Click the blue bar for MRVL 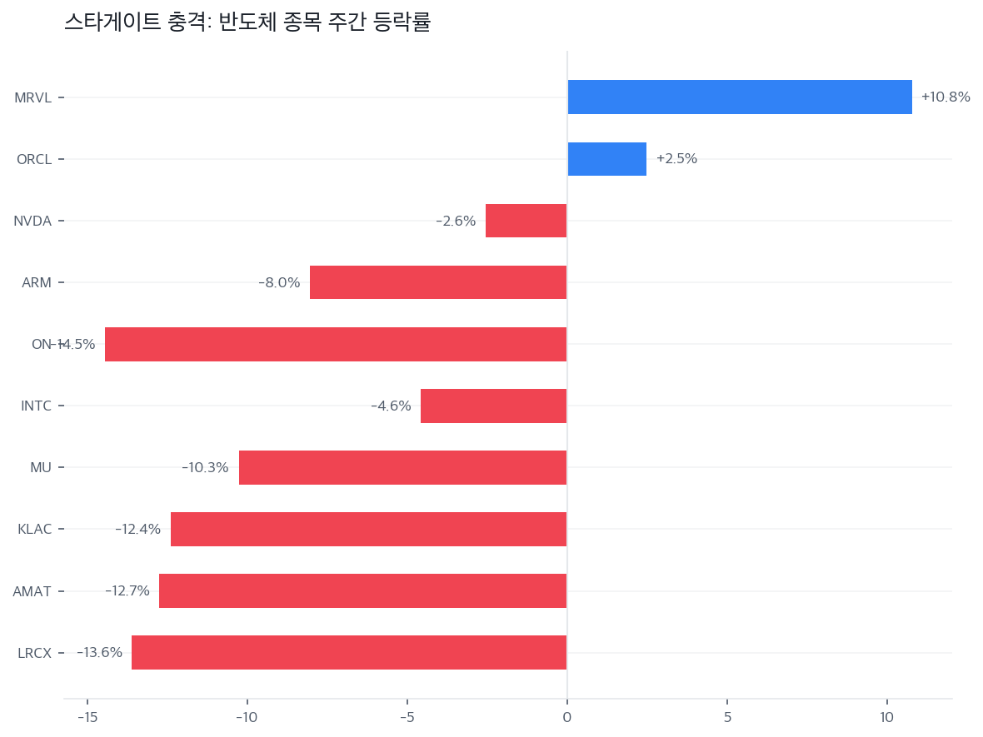pos(740,97)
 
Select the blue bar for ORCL pos(606,159)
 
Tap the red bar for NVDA pos(526,221)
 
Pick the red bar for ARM pos(438,282)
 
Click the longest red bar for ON pos(336,344)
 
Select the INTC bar pos(493,406)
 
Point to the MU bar pos(402,467)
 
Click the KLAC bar pos(368,529)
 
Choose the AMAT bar pos(362,590)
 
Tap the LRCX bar pos(349,652)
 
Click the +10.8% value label pos(946,97)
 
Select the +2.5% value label pos(676,159)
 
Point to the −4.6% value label pos(391,406)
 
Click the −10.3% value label pos(205,468)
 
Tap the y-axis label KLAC pos(35,529)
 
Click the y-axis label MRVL pos(33,97)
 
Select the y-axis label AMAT pos(32,591)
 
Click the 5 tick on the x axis pos(727,717)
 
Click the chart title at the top pos(247,22)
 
